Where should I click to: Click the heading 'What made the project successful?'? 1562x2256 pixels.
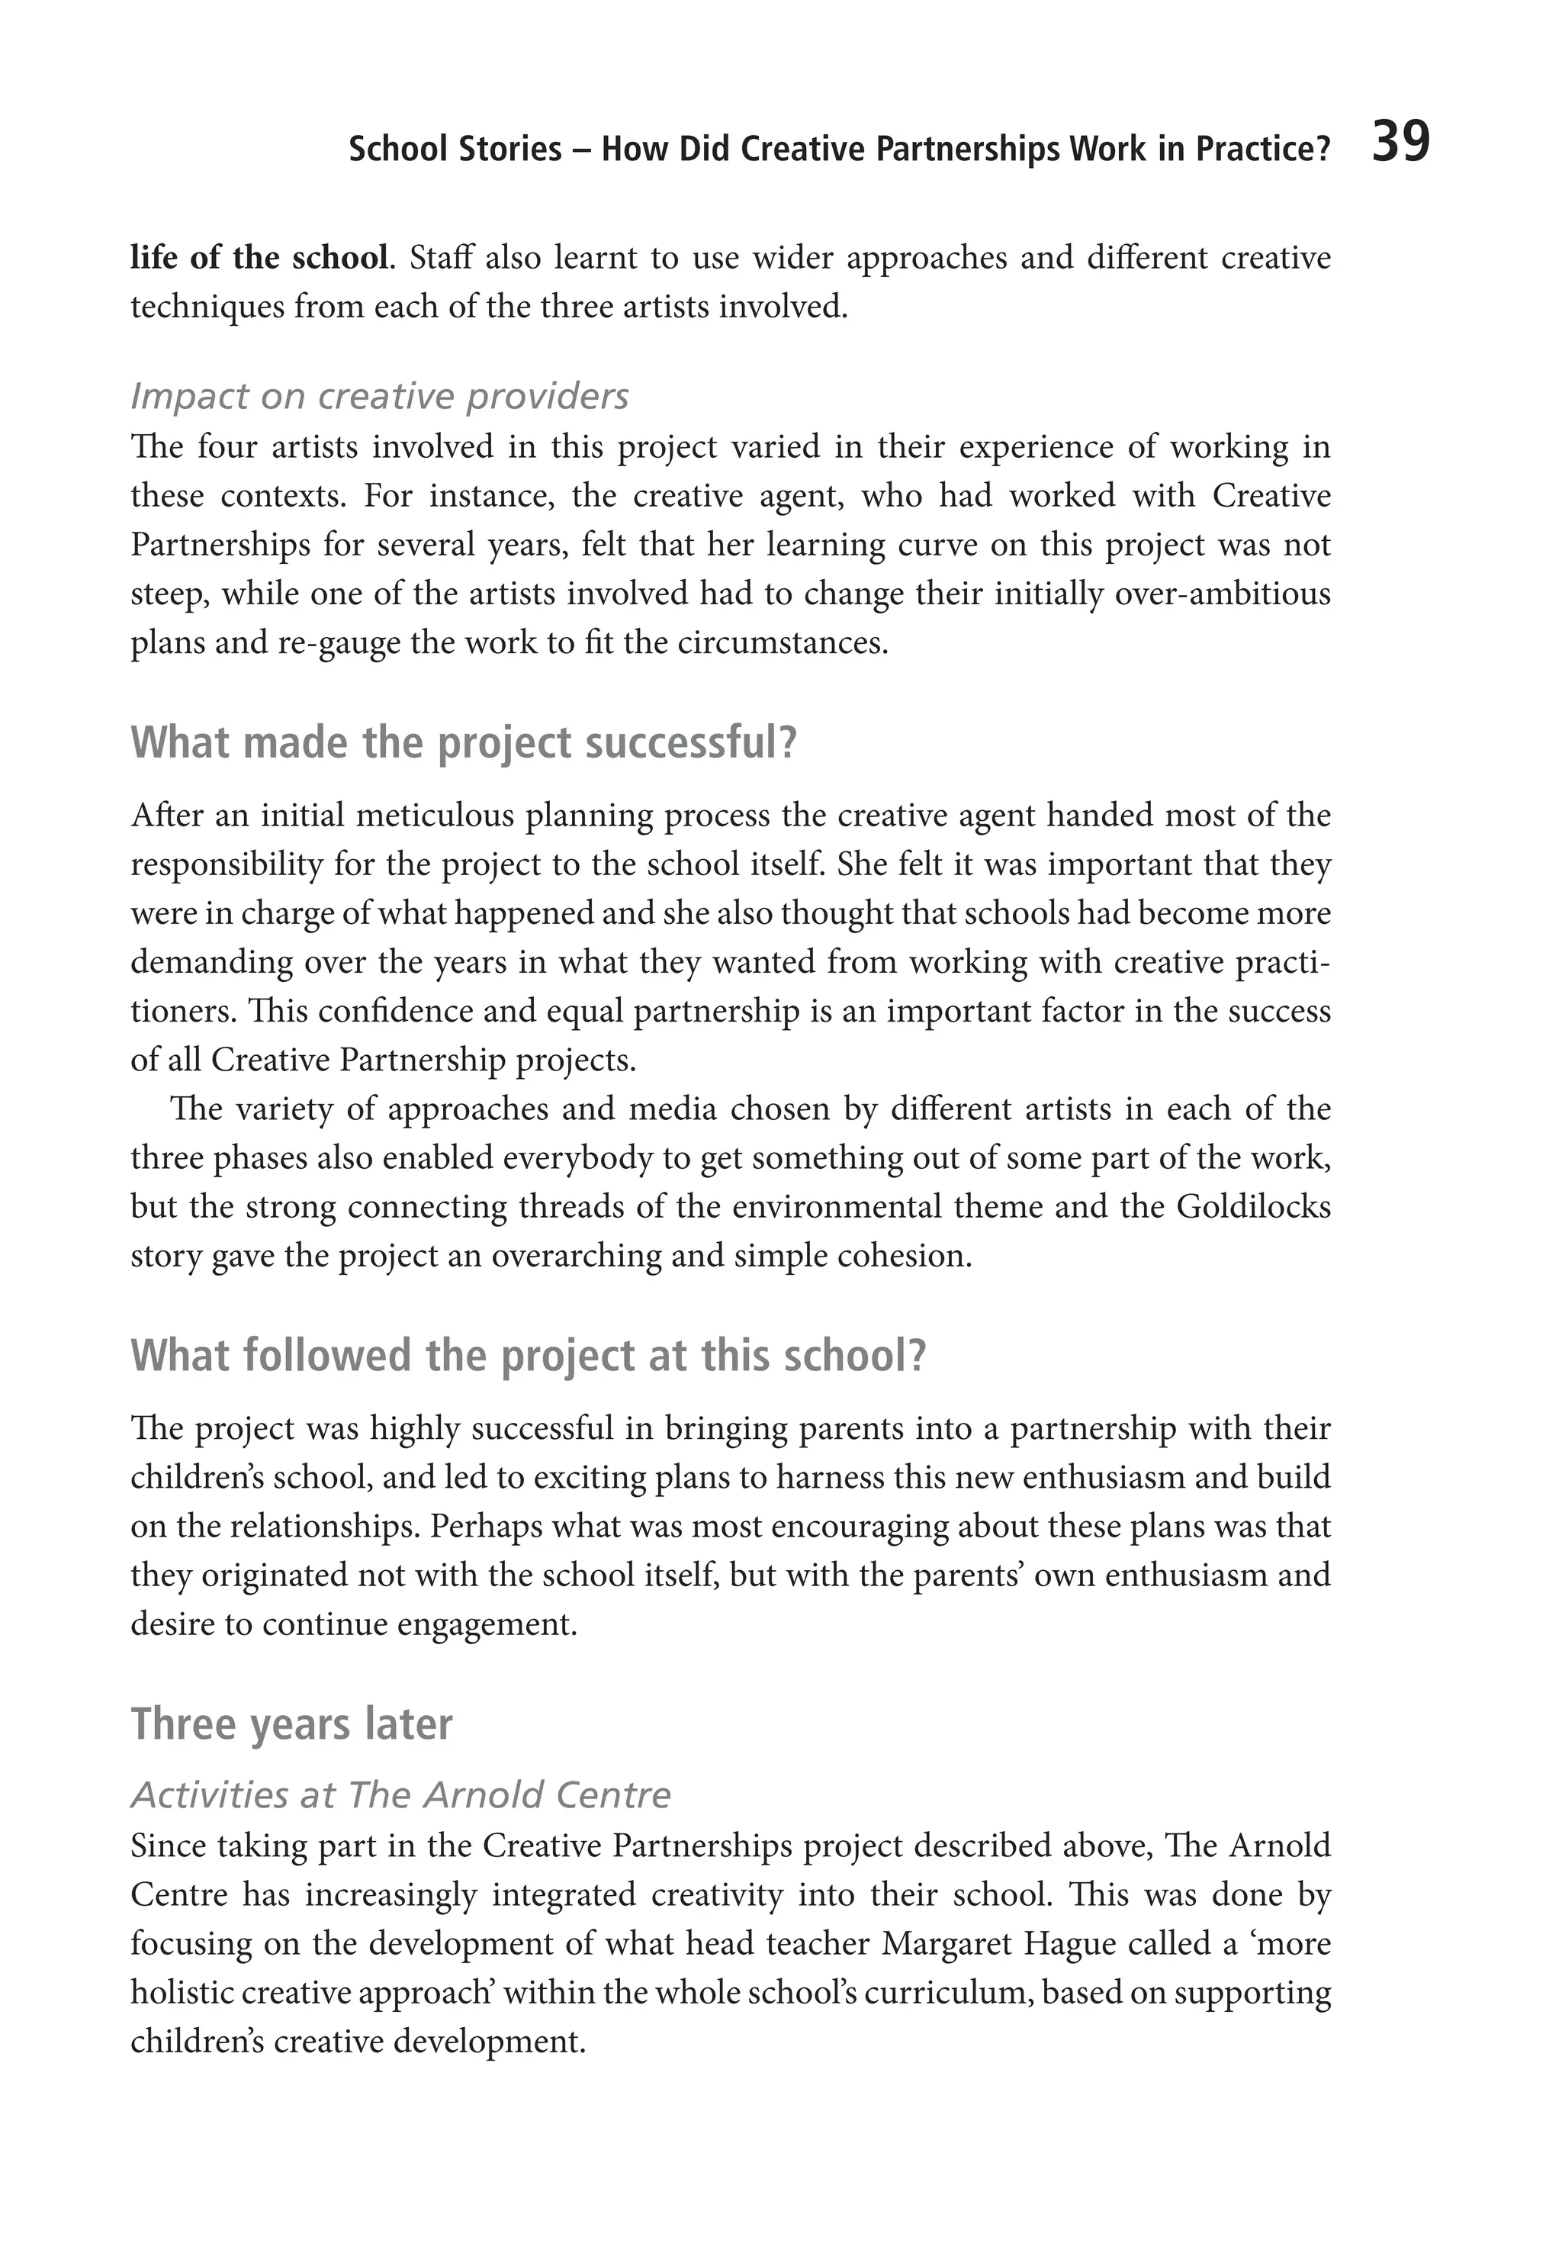click(x=464, y=744)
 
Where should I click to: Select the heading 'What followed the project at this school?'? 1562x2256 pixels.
click(x=528, y=1356)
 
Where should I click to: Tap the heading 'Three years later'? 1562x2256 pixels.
click(x=291, y=1724)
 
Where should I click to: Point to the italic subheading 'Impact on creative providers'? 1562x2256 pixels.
click(x=380, y=397)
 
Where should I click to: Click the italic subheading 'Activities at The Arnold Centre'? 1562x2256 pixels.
click(x=401, y=1795)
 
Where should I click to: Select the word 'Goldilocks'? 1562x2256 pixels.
click(x=1253, y=1207)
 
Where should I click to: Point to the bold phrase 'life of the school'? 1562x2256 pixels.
click(x=259, y=259)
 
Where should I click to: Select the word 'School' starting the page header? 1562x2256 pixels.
click(x=397, y=150)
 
